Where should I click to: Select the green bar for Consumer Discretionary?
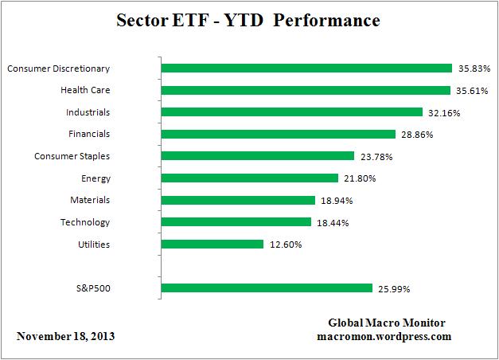click(306, 68)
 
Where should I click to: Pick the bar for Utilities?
click(212, 244)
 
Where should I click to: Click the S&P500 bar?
click(267, 288)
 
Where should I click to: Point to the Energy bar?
click(250, 178)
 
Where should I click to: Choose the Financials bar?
click(279, 134)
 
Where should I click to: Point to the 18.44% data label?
click(333, 222)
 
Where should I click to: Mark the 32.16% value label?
click(444, 112)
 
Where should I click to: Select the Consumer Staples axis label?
click(72, 156)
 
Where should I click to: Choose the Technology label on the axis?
click(85, 222)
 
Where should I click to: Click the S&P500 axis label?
click(90, 288)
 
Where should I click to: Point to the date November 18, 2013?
click(65, 336)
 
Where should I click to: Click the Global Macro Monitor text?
click(387, 323)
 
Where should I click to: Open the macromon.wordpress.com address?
click(384, 336)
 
